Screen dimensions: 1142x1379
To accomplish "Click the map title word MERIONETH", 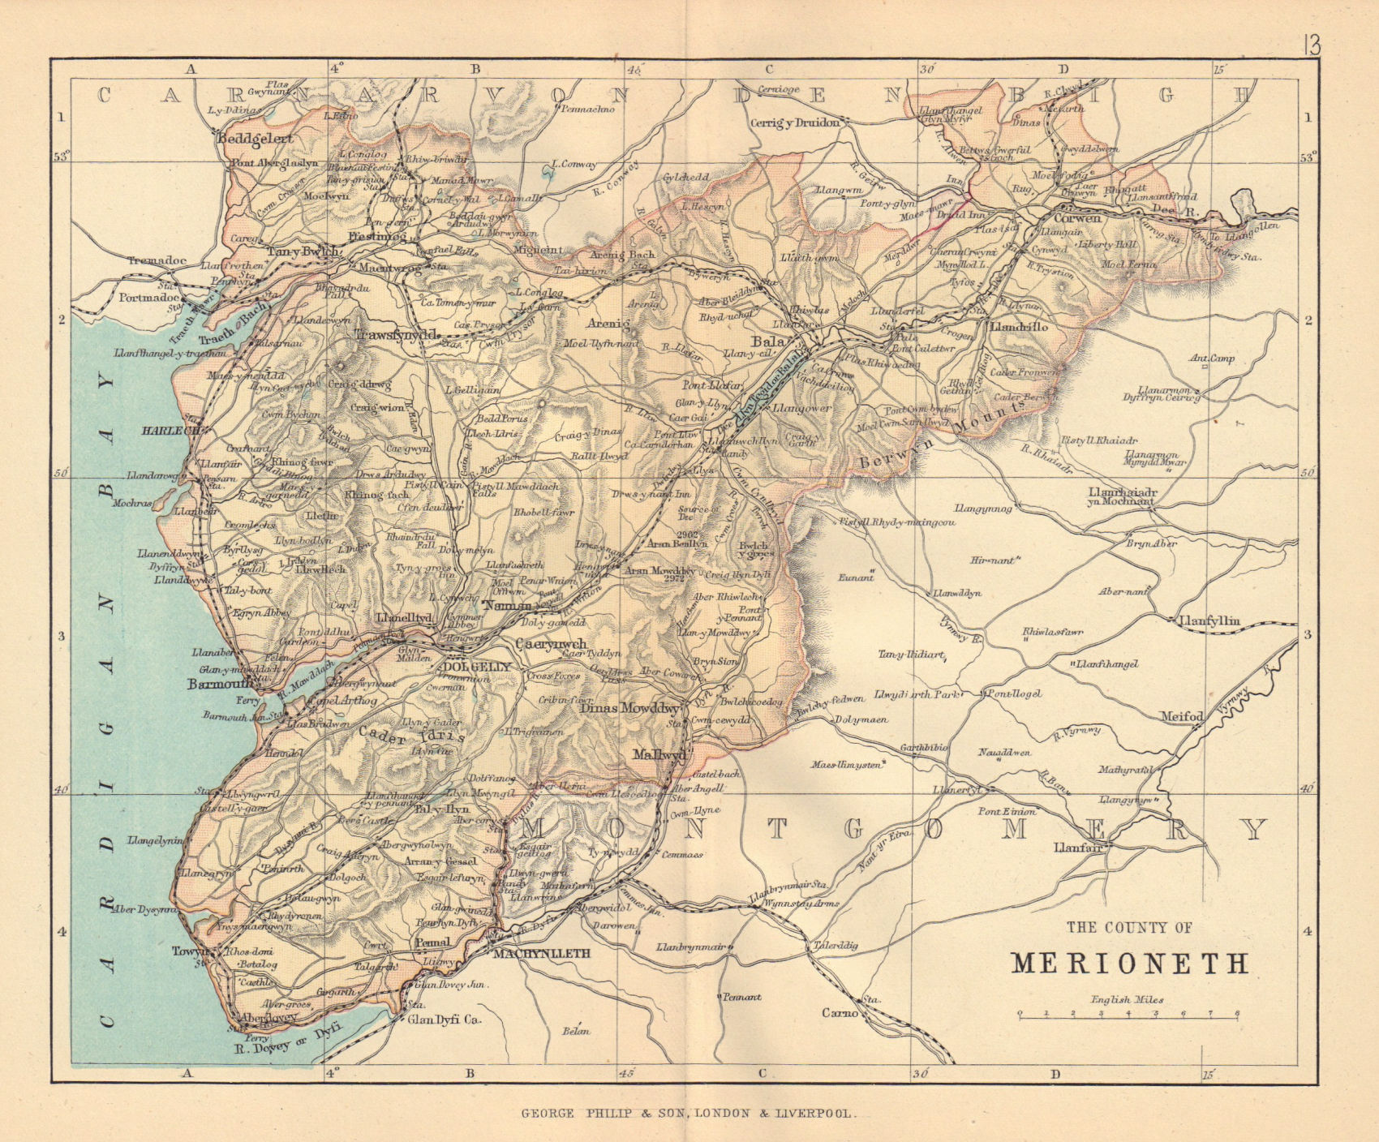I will (x=1130, y=963).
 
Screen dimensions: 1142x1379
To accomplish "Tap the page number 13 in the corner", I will (x=1312, y=45).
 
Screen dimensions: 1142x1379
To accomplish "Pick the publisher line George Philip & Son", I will (x=687, y=1115).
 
